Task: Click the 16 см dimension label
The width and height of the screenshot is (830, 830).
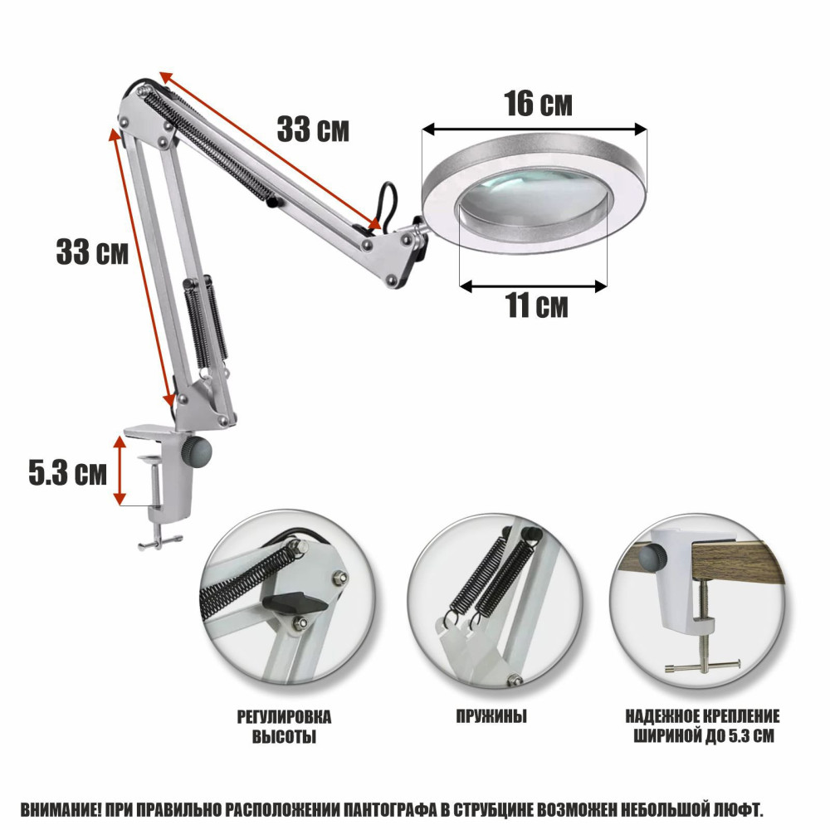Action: coord(539,104)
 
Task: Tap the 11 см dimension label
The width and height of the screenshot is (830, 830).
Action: coord(537,305)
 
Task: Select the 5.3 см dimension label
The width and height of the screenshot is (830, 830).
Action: coord(68,472)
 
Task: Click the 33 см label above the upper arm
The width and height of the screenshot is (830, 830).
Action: coord(314,129)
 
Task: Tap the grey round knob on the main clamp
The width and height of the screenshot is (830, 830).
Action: coord(197,452)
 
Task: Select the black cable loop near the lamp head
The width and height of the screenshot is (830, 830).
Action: coord(387,204)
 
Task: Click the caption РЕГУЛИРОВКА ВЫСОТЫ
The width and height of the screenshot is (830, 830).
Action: coord(284,727)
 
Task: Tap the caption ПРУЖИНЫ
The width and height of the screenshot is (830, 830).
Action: coord(491,717)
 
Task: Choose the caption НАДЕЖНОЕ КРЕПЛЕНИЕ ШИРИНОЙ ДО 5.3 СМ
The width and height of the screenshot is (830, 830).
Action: coord(702,726)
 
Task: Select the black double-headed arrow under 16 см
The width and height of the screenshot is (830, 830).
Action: coord(535,129)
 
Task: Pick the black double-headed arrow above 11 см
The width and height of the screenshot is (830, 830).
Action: coord(533,286)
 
